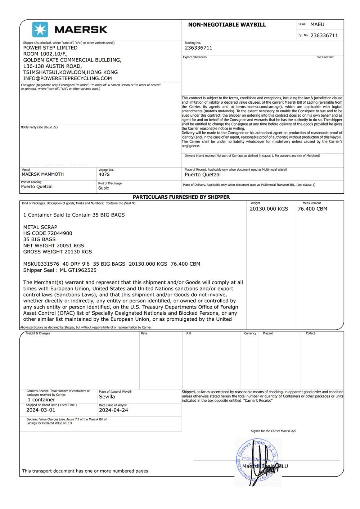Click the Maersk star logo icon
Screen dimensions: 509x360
(x=40, y=30)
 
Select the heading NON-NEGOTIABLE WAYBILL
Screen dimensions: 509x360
(x=227, y=25)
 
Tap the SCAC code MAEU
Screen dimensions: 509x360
(x=317, y=24)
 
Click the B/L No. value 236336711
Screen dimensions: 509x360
(x=324, y=35)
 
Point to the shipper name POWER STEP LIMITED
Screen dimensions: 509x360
(x=50, y=48)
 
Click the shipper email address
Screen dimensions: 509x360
(x=67, y=78)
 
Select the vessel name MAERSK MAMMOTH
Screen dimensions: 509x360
(x=42, y=174)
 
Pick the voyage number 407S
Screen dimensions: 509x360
(x=104, y=174)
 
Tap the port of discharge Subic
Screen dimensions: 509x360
(x=103, y=188)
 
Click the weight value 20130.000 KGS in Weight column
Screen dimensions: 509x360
(x=269, y=209)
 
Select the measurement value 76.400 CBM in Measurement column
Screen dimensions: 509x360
(x=312, y=209)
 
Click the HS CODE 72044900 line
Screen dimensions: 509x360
(x=48, y=233)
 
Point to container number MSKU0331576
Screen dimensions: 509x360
(x=41, y=264)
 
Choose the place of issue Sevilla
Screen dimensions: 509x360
(x=107, y=397)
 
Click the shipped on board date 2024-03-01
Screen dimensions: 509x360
(x=41, y=410)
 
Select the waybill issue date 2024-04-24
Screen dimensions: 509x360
(x=113, y=410)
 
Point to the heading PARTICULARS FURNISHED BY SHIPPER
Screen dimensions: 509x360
(x=181, y=197)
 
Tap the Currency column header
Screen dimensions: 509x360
(x=250, y=333)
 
